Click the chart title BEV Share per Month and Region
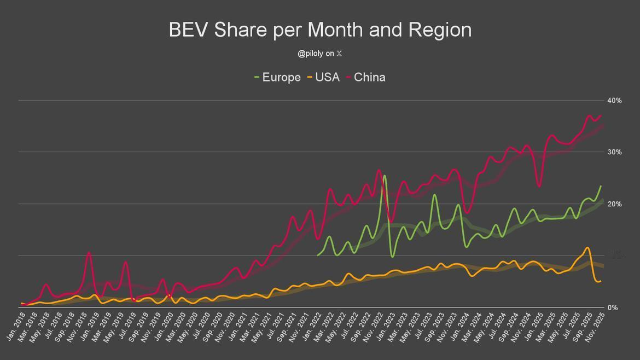tap(320, 30)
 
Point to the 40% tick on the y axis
tap(614, 100)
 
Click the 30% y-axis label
tap(614, 152)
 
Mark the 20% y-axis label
tap(614, 204)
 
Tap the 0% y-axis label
tap(612, 307)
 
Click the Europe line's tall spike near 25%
tap(385, 176)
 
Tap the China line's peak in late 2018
tap(89, 253)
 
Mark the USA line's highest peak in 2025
tap(587, 248)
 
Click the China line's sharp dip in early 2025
tap(539, 187)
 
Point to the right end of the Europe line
tap(601, 186)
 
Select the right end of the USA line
tap(601, 281)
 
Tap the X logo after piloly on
tap(339, 54)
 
